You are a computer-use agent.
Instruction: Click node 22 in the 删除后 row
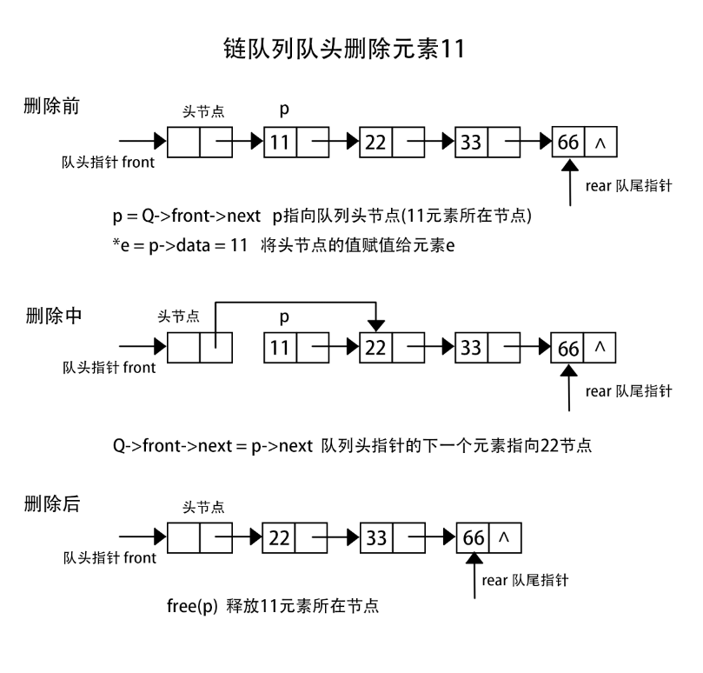[x=278, y=538]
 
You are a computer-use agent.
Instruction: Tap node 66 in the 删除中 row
[x=568, y=348]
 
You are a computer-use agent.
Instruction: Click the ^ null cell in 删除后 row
[x=504, y=538]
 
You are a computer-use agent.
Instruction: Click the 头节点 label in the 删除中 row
[x=179, y=317]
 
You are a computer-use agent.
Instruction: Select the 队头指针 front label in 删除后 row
[x=109, y=558]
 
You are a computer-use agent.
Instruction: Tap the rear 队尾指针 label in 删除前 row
[x=627, y=185]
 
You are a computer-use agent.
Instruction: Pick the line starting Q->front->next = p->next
[x=352, y=445]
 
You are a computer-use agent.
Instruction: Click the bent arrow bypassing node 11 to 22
[x=295, y=303]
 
